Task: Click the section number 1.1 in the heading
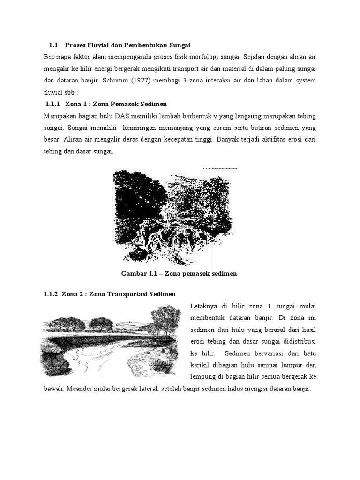[52, 45]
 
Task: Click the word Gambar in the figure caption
[135, 273]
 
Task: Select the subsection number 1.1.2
[50, 294]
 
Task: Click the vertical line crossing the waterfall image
[213, 216]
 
